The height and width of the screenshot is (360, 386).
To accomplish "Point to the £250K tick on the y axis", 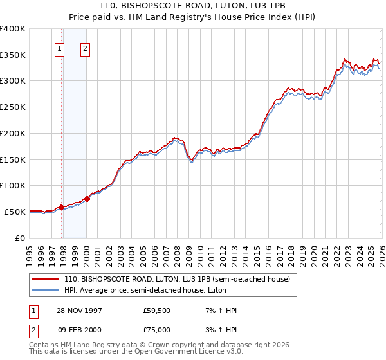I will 13,107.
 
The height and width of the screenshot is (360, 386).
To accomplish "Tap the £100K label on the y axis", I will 13,185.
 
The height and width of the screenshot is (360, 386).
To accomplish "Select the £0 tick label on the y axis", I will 21,238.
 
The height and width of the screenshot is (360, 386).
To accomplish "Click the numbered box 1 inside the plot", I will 60,47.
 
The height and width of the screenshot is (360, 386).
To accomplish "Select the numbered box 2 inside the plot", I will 85,47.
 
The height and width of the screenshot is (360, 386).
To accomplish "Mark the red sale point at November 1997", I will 62,206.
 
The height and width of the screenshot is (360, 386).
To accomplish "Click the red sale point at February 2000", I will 87,199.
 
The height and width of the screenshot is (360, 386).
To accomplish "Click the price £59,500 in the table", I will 157,310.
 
